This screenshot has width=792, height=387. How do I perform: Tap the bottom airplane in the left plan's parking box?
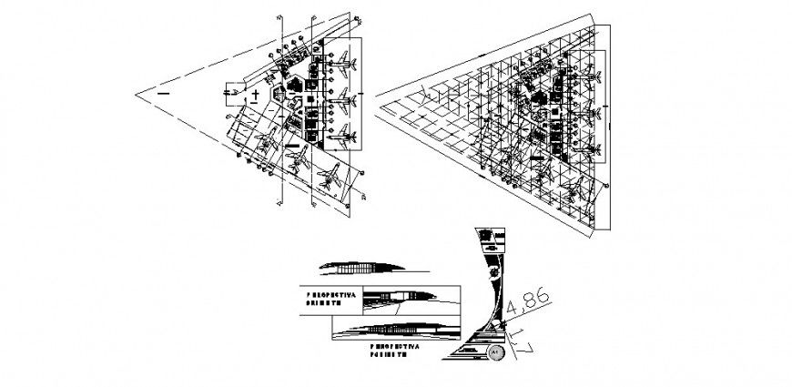(x=345, y=137)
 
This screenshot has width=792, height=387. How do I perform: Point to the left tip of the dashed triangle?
(x=137, y=92)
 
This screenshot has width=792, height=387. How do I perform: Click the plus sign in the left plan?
(x=258, y=94)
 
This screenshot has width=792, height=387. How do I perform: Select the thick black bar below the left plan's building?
(x=292, y=144)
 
